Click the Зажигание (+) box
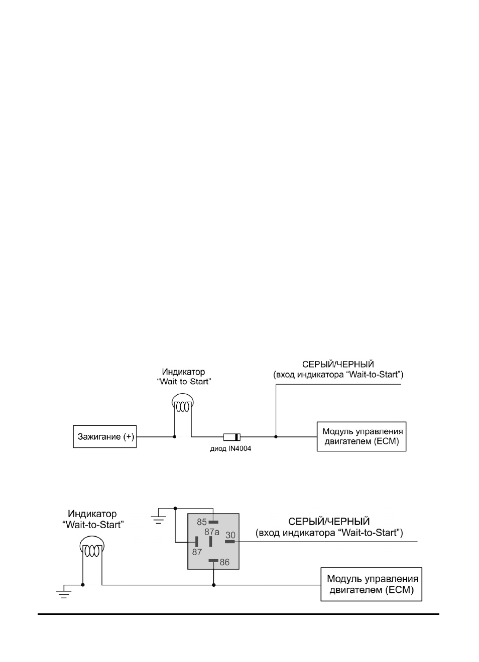click(105, 436)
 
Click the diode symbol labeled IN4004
click(231, 437)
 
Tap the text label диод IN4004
click(230, 449)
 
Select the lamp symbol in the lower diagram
click(92, 547)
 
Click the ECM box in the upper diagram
click(361, 436)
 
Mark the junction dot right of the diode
click(276, 437)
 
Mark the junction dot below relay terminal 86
click(213, 585)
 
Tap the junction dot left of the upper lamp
click(175, 437)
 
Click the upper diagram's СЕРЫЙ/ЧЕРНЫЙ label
click(338, 365)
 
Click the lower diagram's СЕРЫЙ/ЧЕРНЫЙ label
click(329, 522)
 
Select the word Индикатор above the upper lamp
click(183, 372)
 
